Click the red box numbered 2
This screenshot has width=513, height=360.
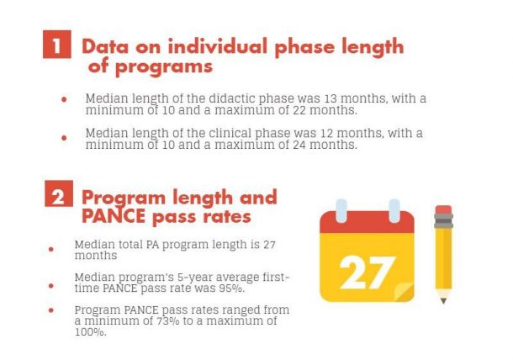(x=56, y=198)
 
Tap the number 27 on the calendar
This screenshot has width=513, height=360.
(x=367, y=272)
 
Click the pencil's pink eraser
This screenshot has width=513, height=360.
(x=443, y=209)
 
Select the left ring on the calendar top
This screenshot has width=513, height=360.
(x=341, y=210)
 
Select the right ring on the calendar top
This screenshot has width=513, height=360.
(x=393, y=210)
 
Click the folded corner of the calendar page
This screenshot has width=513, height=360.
(x=404, y=292)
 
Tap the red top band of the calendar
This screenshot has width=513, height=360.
(x=367, y=223)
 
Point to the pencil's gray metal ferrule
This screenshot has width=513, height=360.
(x=443, y=221)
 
